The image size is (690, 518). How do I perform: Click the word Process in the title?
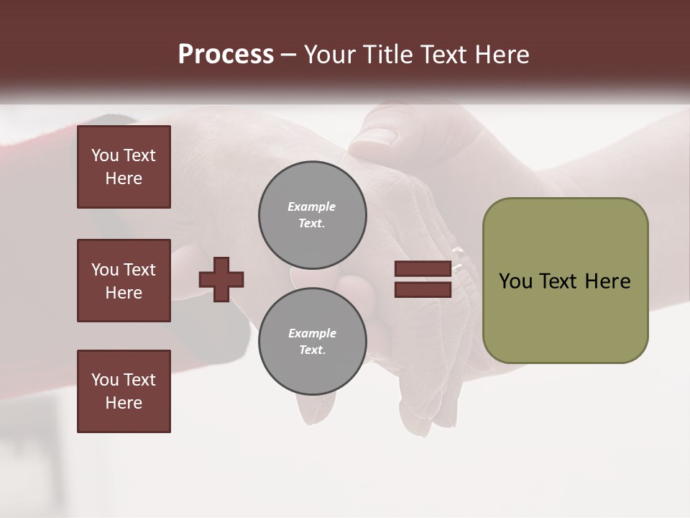point(226,55)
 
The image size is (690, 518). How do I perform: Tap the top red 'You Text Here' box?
point(124,167)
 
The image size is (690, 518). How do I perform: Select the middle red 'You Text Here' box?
point(124,281)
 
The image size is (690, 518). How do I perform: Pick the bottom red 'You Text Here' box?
point(124,391)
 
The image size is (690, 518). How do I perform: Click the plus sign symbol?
point(221,279)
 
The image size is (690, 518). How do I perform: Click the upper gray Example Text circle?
point(313,215)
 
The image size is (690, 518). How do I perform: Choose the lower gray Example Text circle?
point(313,342)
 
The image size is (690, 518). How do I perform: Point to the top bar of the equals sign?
point(423,269)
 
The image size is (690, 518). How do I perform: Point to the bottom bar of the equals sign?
point(423,289)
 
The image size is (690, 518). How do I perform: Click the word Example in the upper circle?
point(312,206)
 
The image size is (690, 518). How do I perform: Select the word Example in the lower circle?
point(312,333)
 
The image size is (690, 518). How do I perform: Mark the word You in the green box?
point(515,281)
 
